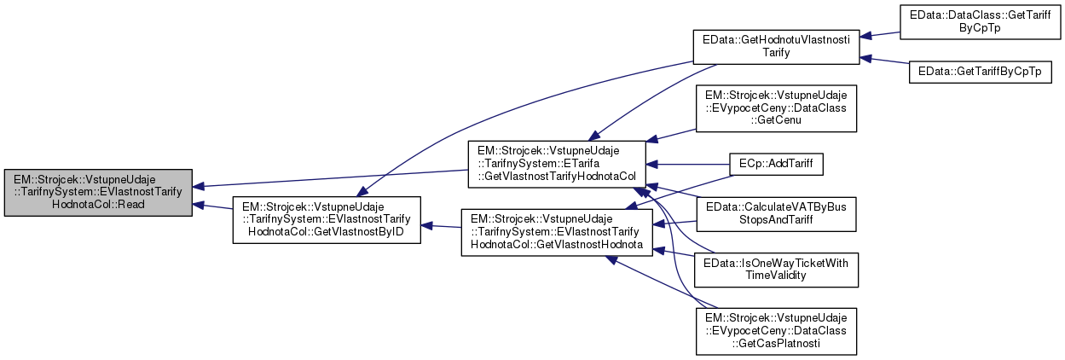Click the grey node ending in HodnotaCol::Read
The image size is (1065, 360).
[x=98, y=193]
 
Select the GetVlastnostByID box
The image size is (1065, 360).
[x=327, y=219]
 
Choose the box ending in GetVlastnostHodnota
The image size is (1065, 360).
[x=557, y=231]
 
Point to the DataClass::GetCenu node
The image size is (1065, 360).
[x=776, y=107]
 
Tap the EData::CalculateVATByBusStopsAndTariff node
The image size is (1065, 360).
[x=776, y=214]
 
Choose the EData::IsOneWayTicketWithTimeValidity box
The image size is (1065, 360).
[x=776, y=270]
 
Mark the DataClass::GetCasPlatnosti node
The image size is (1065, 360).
[x=776, y=331]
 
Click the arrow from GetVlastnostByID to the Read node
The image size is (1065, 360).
[x=213, y=207]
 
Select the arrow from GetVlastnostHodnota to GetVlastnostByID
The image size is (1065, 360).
[x=442, y=227]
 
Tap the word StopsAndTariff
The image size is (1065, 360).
[x=776, y=221]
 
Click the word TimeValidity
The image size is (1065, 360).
[x=776, y=276]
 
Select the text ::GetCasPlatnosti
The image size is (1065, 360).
[x=776, y=343]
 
